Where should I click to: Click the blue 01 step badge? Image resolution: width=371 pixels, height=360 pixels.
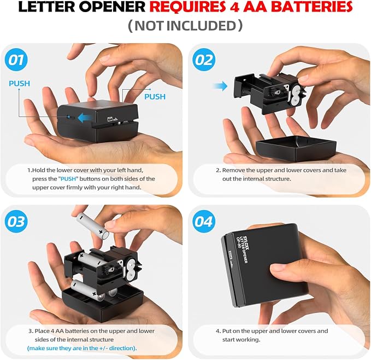16,60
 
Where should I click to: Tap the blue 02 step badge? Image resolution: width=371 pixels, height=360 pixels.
204,60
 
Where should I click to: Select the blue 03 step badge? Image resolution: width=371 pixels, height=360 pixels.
16,222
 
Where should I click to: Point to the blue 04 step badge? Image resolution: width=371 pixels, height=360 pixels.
204,222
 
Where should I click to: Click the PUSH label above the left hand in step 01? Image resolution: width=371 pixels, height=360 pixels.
20,84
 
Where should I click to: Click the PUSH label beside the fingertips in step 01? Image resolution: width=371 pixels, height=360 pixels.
155,97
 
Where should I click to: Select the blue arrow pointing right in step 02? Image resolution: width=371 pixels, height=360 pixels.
220,86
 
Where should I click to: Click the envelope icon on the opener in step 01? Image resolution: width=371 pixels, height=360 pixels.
110,119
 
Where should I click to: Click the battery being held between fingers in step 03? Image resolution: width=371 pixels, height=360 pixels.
92,225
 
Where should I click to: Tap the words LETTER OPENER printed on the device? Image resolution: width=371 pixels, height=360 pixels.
244,249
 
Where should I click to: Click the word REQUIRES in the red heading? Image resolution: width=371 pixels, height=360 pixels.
187,7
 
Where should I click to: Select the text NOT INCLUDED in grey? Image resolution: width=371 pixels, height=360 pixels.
185,26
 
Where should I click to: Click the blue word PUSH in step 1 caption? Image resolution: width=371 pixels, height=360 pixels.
68,179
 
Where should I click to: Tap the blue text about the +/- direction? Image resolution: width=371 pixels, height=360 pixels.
82,348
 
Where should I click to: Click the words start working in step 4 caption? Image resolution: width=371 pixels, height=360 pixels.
241,340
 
